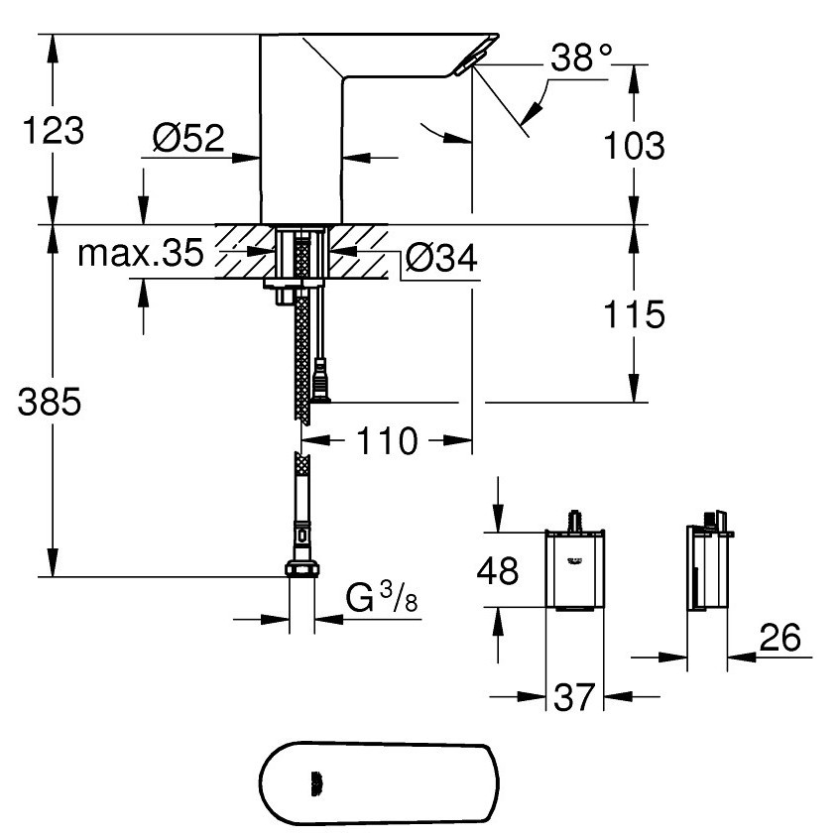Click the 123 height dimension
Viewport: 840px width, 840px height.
pyautogui.click(x=54, y=131)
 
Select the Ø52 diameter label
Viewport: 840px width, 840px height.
pyautogui.click(x=188, y=138)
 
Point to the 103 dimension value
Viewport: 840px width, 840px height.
pyautogui.click(x=635, y=145)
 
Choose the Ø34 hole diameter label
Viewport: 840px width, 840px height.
pyautogui.click(x=441, y=258)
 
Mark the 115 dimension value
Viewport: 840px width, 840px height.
pyautogui.click(x=635, y=314)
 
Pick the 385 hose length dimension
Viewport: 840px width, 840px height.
pyautogui.click(x=50, y=402)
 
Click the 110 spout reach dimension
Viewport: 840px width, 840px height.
pyautogui.click(x=387, y=441)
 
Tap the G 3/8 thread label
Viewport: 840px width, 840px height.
pyautogui.click(x=382, y=597)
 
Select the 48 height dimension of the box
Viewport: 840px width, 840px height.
pyautogui.click(x=498, y=570)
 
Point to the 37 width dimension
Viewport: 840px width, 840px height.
pyautogui.click(x=574, y=697)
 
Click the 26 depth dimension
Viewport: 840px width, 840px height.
pyautogui.click(x=780, y=637)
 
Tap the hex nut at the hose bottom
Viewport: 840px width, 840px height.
pyautogui.click(x=302, y=568)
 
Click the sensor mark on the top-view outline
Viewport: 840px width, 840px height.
pyautogui.click(x=316, y=784)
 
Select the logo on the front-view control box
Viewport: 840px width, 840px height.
pyautogui.click(x=574, y=561)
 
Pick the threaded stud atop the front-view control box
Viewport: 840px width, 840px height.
pyautogui.click(x=575, y=521)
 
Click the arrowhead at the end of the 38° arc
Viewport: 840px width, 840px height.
pyautogui.click(x=531, y=114)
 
